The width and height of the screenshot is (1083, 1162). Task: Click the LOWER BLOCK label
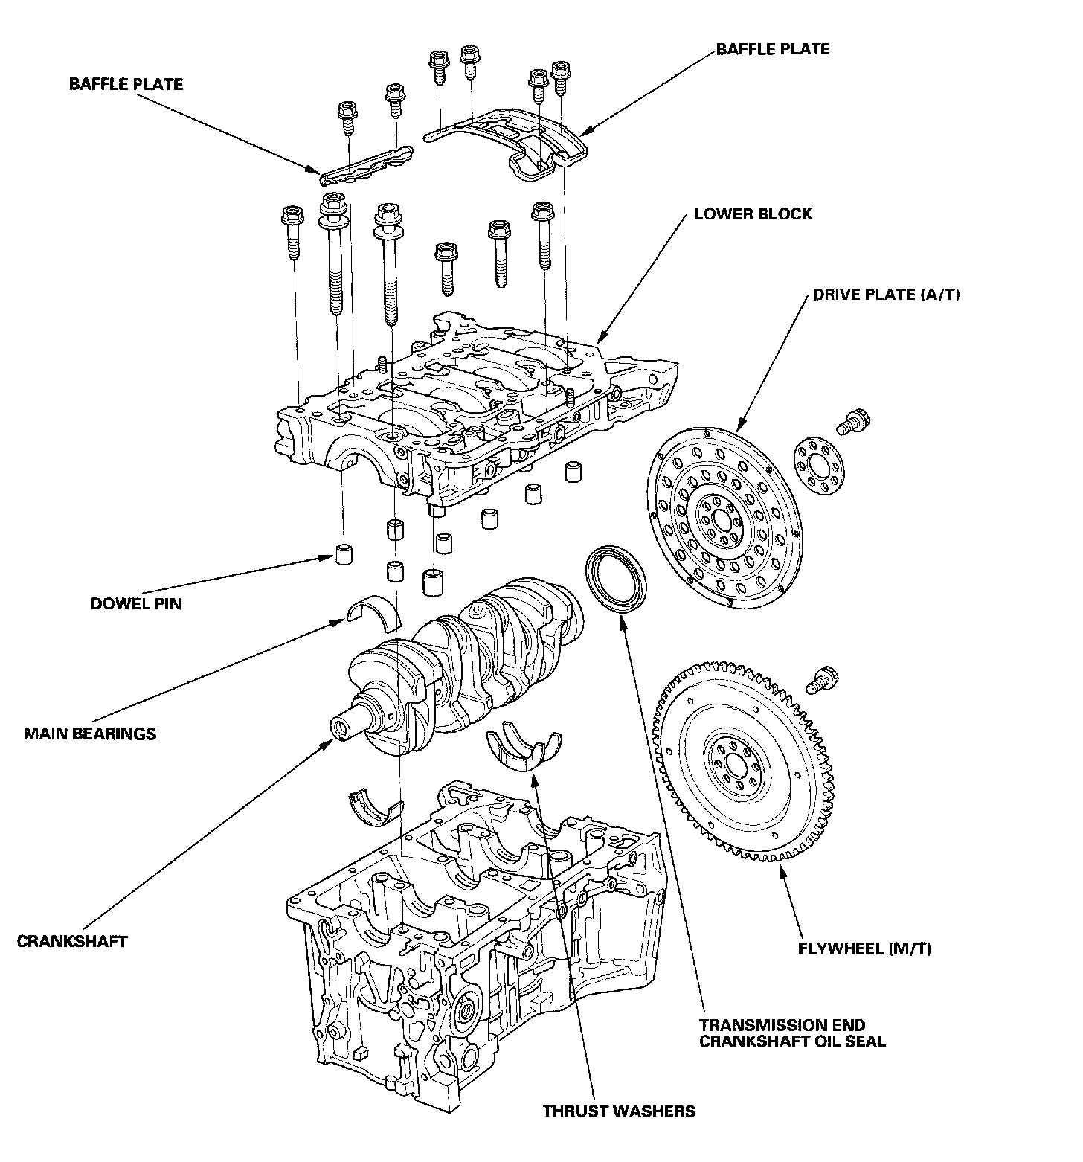point(753,214)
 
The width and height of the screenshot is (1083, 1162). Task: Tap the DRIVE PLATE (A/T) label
point(886,295)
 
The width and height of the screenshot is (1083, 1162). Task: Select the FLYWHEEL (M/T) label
point(864,948)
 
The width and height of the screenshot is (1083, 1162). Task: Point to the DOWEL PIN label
point(135,603)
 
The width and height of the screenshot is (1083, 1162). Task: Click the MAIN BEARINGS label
point(90,734)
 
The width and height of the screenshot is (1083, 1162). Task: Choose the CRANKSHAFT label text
point(72,941)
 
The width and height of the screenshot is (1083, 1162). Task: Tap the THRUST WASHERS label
point(618,1111)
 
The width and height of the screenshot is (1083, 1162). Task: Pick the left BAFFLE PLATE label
point(126,84)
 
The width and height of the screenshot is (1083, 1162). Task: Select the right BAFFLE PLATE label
point(773,49)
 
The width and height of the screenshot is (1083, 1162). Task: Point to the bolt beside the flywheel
point(822,679)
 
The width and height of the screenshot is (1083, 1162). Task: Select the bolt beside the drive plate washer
point(854,422)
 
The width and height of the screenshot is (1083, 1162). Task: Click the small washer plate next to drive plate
point(817,465)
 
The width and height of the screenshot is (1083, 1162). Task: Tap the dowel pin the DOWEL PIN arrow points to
point(344,555)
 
